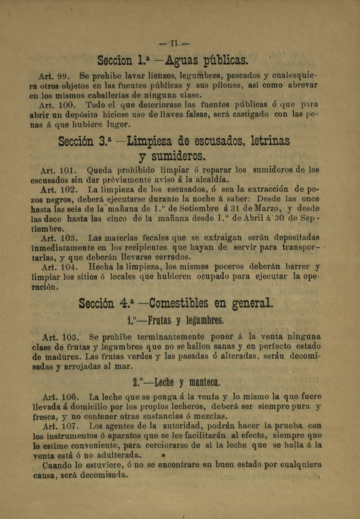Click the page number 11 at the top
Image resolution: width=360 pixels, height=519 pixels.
(x=174, y=43)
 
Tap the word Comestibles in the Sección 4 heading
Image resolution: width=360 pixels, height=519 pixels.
(x=179, y=303)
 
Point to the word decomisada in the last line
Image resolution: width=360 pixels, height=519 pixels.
(x=104, y=475)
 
